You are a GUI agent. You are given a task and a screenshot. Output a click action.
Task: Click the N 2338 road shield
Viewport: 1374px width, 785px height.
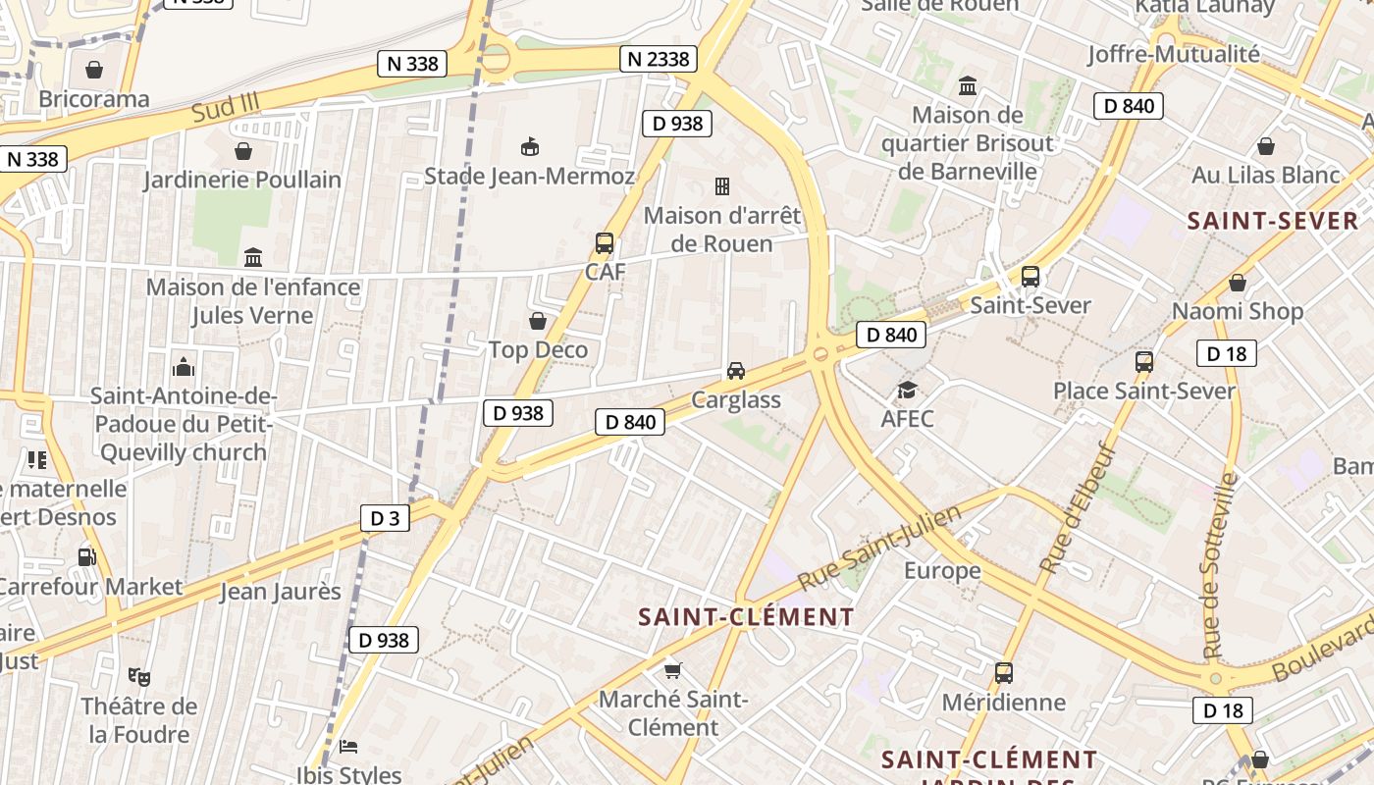[659, 59]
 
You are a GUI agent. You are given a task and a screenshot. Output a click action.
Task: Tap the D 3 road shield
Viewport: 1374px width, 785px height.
[386, 518]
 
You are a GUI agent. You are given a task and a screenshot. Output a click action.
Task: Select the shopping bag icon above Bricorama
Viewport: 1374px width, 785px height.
[94, 70]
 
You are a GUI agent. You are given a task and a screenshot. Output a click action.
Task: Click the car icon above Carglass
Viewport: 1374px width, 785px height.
[736, 370]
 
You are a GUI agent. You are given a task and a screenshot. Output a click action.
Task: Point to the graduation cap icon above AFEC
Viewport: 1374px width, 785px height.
[907, 390]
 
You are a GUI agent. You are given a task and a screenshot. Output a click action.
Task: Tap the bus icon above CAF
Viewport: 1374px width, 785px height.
[605, 243]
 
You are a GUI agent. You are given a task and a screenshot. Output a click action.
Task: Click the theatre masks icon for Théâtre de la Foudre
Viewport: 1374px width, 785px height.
[138, 676]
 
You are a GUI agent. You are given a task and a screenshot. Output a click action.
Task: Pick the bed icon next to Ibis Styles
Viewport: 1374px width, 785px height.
[348, 746]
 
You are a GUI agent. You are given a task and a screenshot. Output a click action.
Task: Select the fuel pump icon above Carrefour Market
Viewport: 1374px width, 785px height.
[87, 557]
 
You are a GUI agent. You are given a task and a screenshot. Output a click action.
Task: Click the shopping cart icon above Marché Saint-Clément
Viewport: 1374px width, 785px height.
[672, 670]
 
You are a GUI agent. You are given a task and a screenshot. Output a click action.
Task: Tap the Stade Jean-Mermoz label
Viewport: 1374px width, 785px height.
[529, 177]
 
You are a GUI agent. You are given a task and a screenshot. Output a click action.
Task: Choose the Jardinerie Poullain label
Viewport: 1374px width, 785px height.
[242, 180]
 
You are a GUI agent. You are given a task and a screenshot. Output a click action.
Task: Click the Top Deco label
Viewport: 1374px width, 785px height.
[538, 350]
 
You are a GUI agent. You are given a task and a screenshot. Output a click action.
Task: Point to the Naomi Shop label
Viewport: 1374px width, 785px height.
[1238, 312]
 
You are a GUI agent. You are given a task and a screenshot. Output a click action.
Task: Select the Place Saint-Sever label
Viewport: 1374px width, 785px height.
[1144, 391]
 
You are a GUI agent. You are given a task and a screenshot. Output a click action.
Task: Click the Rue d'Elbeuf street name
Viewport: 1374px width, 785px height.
[1078, 507]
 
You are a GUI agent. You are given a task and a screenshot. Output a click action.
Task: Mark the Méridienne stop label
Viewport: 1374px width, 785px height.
[1003, 703]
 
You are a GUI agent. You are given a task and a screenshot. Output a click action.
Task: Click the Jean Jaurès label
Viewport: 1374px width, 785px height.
[280, 592]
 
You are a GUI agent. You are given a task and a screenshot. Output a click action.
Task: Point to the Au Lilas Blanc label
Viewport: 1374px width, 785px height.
[1266, 176]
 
